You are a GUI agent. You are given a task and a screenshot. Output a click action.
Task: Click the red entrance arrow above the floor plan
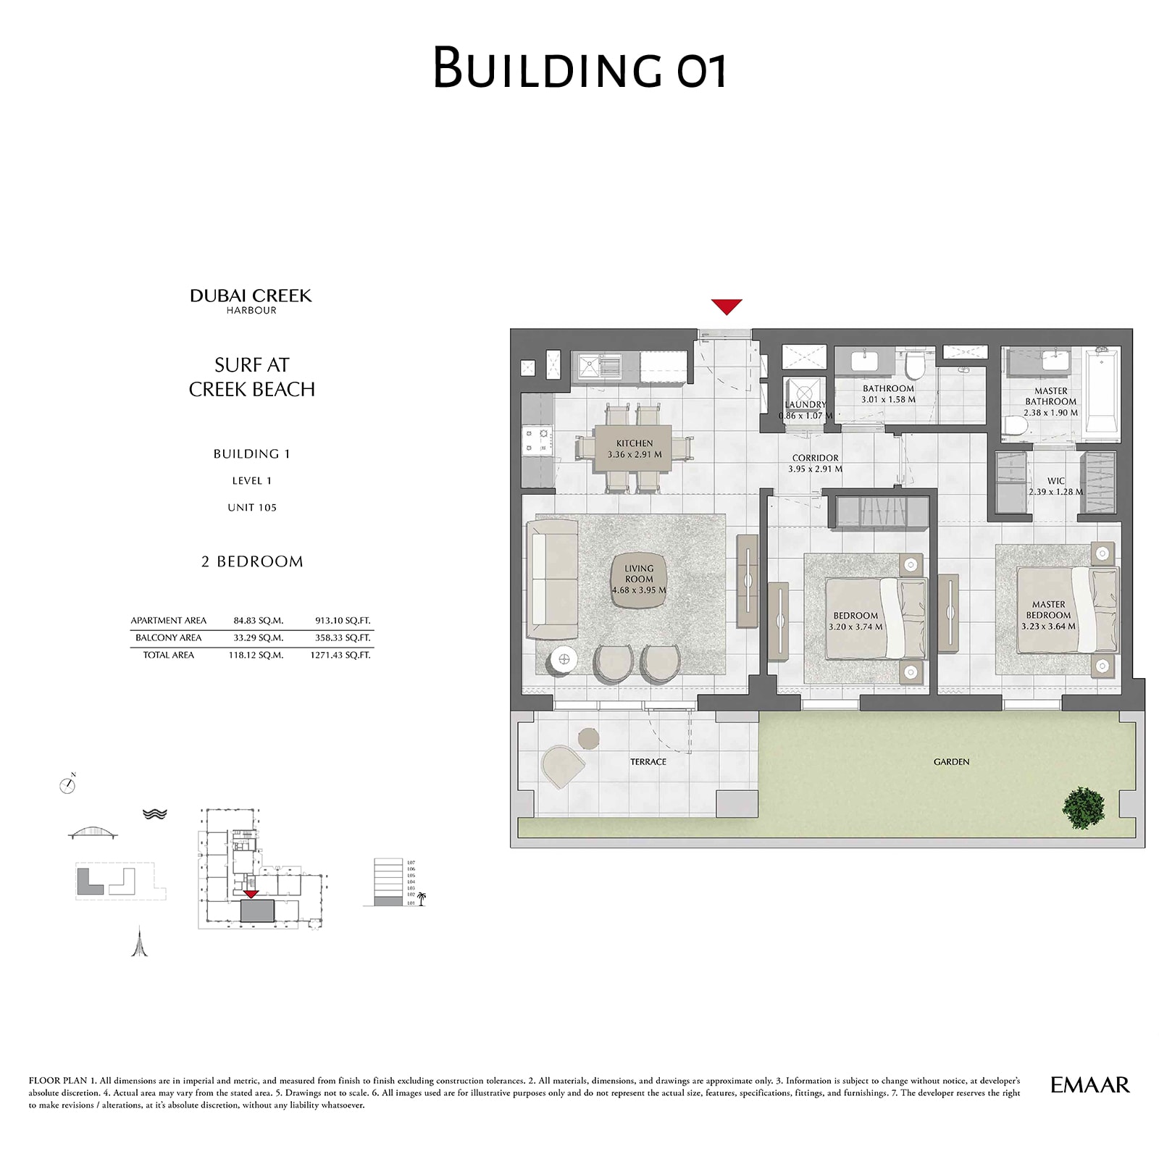727,306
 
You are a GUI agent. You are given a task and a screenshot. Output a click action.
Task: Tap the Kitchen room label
635,443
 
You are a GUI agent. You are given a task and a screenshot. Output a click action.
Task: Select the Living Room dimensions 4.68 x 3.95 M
638,590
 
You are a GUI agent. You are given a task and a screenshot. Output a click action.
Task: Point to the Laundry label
805,405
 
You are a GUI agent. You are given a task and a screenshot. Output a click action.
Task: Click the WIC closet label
1055,481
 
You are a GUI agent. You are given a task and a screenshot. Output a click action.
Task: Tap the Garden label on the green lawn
951,762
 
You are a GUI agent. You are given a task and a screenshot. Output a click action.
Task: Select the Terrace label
648,762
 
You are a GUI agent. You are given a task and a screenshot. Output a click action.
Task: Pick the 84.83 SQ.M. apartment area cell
258,621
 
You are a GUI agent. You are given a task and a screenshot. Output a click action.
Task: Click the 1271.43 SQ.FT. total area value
340,655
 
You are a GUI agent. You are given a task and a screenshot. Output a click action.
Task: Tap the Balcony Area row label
168,638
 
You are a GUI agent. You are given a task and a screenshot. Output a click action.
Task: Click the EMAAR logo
1089,1084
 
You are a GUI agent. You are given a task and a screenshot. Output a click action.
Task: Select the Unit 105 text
251,508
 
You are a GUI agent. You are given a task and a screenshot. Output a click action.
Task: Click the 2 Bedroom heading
252,561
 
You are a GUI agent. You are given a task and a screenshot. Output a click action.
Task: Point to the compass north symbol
67,785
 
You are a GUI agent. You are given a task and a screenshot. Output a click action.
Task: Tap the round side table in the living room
564,660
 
